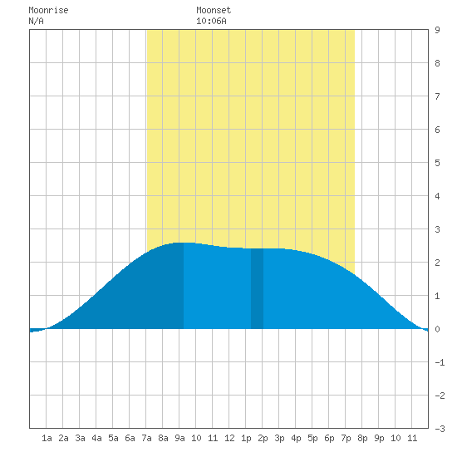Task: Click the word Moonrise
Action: (48, 10)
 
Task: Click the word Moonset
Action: (214, 10)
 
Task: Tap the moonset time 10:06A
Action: (211, 21)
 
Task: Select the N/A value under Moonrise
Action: (36, 21)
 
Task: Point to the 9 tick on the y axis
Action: (437, 30)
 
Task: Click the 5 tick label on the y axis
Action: (437, 163)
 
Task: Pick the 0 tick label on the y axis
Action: (437, 329)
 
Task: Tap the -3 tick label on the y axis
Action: (440, 429)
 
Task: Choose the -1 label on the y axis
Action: (440, 362)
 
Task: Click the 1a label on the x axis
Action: (47, 438)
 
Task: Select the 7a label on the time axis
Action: (146, 438)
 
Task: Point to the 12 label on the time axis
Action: (229, 438)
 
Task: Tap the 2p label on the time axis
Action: (263, 438)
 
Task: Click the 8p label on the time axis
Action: (362, 438)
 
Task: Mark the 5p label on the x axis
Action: (312, 438)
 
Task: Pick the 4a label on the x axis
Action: (96, 438)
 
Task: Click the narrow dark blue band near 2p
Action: (257, 288)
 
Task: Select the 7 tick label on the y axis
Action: (437, 96)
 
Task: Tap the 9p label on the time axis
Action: (379, 438)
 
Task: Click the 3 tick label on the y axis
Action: (437, 229)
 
